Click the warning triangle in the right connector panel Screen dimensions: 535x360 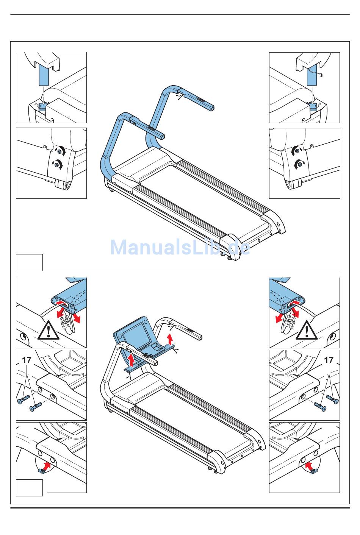[307, 331]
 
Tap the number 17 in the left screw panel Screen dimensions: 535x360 [27, 360]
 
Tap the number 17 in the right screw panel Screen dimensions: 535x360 [329, 360]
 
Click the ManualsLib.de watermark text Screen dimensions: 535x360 [180, 248]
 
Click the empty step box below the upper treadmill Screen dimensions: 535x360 [29, 262]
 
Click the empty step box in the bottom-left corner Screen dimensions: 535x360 [29, 487]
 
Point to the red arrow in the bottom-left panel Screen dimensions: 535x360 [47, 465]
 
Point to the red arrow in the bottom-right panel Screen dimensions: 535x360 [310, 465]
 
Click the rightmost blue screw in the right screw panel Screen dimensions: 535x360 [332, 399]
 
